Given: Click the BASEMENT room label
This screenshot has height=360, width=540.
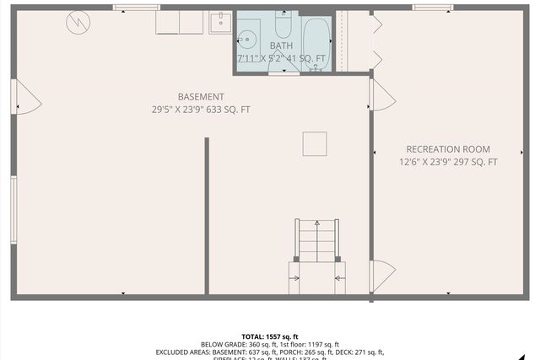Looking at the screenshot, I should pyautogui.click(x=201, y=96).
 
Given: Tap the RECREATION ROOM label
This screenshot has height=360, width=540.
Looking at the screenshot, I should pyautogui.click(x=448, y=149).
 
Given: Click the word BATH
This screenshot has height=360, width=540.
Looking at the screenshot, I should pyautogui.click(x=282, y=46).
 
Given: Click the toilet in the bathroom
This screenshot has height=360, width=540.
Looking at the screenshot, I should pyautogui.click(x=283, y=25).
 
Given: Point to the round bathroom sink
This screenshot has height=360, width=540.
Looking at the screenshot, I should pyautogui.click(x=247, y=38).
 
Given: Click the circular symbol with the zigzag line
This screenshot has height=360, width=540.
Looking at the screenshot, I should pyautogui.click(x=78, y=22).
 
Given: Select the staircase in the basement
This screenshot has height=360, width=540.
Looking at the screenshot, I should pyautogui.click(x=316, y=240).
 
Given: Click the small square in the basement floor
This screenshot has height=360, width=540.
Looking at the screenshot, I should pyautogui.click(x=315, y=143).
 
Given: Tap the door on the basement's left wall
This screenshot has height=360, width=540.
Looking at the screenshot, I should pyautogui.click(x=25, y=97).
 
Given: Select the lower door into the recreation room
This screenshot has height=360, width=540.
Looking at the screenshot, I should pyautogui.click(x=382, y=276).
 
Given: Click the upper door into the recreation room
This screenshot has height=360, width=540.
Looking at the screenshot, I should pyautogui.click(x=381, y=94).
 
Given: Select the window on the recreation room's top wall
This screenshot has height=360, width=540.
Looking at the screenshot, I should pyautogui.click(x=433, y=8).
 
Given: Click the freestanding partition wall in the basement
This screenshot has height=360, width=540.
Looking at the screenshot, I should pyautogui.click(x=207, y=216).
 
